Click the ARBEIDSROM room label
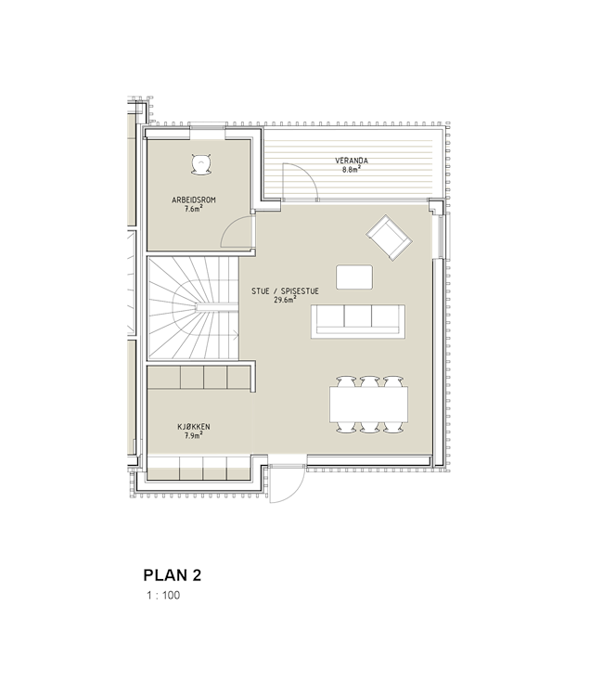click(194, 200)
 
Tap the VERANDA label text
click(352, 161)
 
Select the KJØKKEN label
click(194, 427)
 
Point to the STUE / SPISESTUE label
click(285, 291)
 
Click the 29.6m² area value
click(285, 300)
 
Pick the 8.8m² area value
click(351, 169)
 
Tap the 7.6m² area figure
click(194, 209)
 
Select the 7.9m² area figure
click(194, 435)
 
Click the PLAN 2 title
click(173, 575)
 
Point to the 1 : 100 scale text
click(163, 595)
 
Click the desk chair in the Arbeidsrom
click(201, 163)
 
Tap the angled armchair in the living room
click(389, 238)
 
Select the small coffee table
click(354, 277)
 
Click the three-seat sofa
click(358, 321)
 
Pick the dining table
click(368, 404)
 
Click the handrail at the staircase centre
click(217, 307)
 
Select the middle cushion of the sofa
click(358, 317)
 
